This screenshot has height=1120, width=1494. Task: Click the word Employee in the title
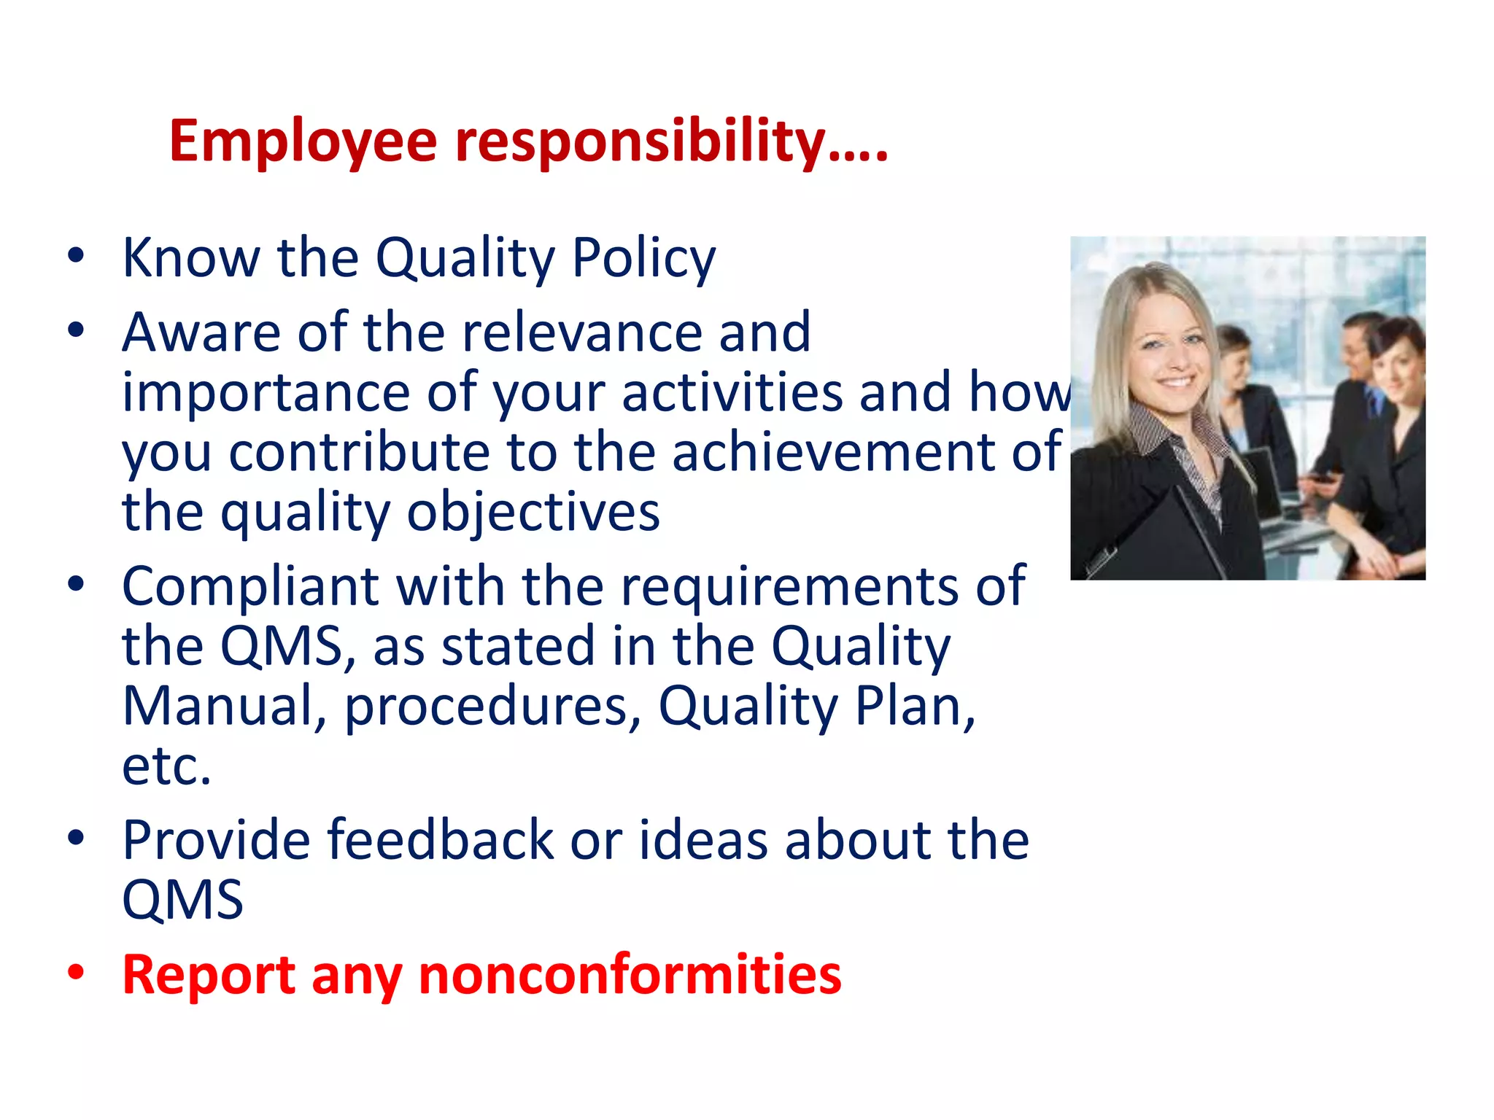(x=303, y=141)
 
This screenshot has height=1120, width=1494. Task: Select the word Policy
(x=643, y=260)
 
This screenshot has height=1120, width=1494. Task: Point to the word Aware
(x=201, y=332)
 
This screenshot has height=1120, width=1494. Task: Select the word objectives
(x=533, y=513)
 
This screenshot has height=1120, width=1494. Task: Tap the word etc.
(x=166, y=767)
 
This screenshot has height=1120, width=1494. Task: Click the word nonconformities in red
(x=630, y=975)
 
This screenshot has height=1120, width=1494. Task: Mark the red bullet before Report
(x=76, y=973)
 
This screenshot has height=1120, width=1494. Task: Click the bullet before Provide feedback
(x=76, y=839)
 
